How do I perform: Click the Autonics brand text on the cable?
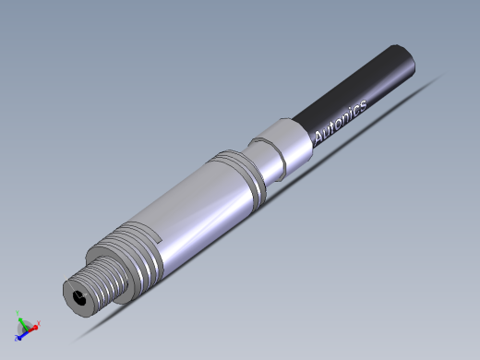(x=341, y=121)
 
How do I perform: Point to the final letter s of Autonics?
(x=362, y=104)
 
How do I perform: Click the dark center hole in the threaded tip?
(x=81, y=298)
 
